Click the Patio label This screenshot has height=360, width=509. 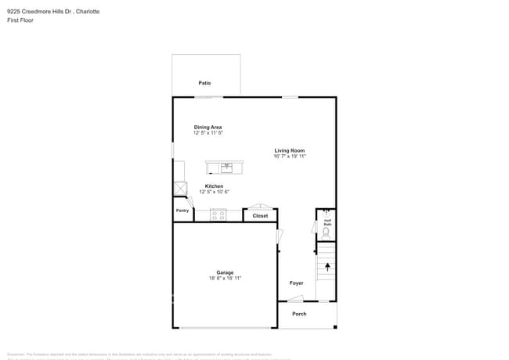point(204,83)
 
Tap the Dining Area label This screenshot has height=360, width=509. point(208,127)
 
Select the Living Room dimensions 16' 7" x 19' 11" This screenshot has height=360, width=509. point(290,157)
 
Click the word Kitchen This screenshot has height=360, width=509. point(214,186)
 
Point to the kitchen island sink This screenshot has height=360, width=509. point(226,167)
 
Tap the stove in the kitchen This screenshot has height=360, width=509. point(218,214)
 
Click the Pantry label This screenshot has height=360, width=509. point(182,211)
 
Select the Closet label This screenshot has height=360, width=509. point(260,216)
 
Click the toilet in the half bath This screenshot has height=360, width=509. point(327,232)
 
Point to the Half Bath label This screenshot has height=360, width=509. point(327,222)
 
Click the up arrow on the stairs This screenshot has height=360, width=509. point(327,267)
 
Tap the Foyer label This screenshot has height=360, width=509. point(297,283)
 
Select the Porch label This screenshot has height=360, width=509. point(300,314)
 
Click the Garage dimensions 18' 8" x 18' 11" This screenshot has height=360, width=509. point(225,278)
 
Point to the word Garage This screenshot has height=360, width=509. point(225,272)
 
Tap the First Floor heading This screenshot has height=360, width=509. point(21,20)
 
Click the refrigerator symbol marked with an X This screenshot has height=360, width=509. point(180,188)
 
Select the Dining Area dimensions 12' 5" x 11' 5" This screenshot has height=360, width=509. point(208,133)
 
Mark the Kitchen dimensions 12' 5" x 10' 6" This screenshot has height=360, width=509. point(214,192)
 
